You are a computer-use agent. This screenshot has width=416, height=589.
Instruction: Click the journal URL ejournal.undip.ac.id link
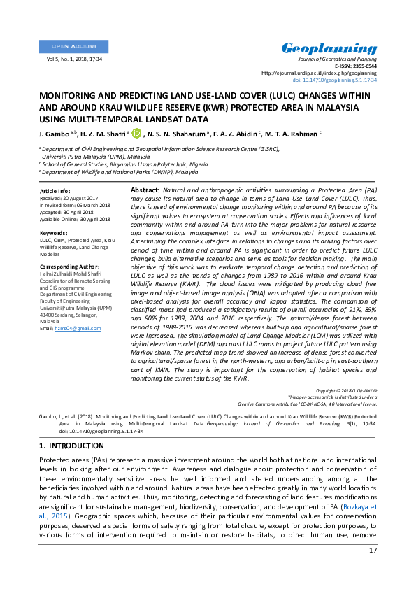pyautogui.click(x=319, y=73)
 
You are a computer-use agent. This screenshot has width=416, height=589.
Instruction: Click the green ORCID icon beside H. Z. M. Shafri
pyautogui.click(x=136, y=133)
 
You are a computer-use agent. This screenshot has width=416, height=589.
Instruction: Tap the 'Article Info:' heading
pyautogui.click(x=55, y=191)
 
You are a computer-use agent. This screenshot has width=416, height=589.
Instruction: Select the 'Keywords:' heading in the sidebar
pyautogui.click(x=54, y=232)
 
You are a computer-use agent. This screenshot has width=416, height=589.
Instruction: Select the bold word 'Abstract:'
pyautogui.click(x=145, y=190)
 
